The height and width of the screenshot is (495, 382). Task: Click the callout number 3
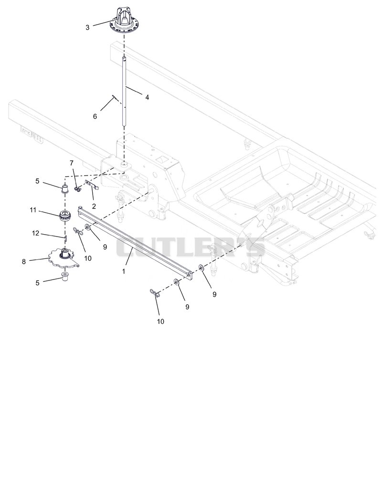(x=87, y=28)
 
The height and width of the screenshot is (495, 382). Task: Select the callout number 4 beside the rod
(x=147, y=98)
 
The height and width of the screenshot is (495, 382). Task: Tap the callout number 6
(x=95, y=116)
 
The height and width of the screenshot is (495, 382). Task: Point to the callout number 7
(x=72, y=163)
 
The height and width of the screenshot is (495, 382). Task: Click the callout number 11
(x=33, y=210)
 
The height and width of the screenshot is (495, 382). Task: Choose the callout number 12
(x=35, y=233)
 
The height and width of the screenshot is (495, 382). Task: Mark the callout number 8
(x=24, y=262)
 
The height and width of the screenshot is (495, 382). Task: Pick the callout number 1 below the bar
(x=124, y=271)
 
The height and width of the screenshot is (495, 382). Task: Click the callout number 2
(x=94, y=206)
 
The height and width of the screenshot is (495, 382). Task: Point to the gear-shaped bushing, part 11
(x=64, y=217)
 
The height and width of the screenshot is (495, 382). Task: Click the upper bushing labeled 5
(x=65, y=188)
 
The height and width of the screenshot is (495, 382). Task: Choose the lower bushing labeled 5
(x=65, y=277)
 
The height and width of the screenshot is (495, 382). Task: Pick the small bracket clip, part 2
(x=92, y=185)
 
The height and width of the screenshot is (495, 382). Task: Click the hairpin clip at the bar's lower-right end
(x=155, y=293)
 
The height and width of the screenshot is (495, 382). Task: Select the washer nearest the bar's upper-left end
(x=87, y=227)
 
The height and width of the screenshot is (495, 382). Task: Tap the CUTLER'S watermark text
(x=191, y=247)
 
